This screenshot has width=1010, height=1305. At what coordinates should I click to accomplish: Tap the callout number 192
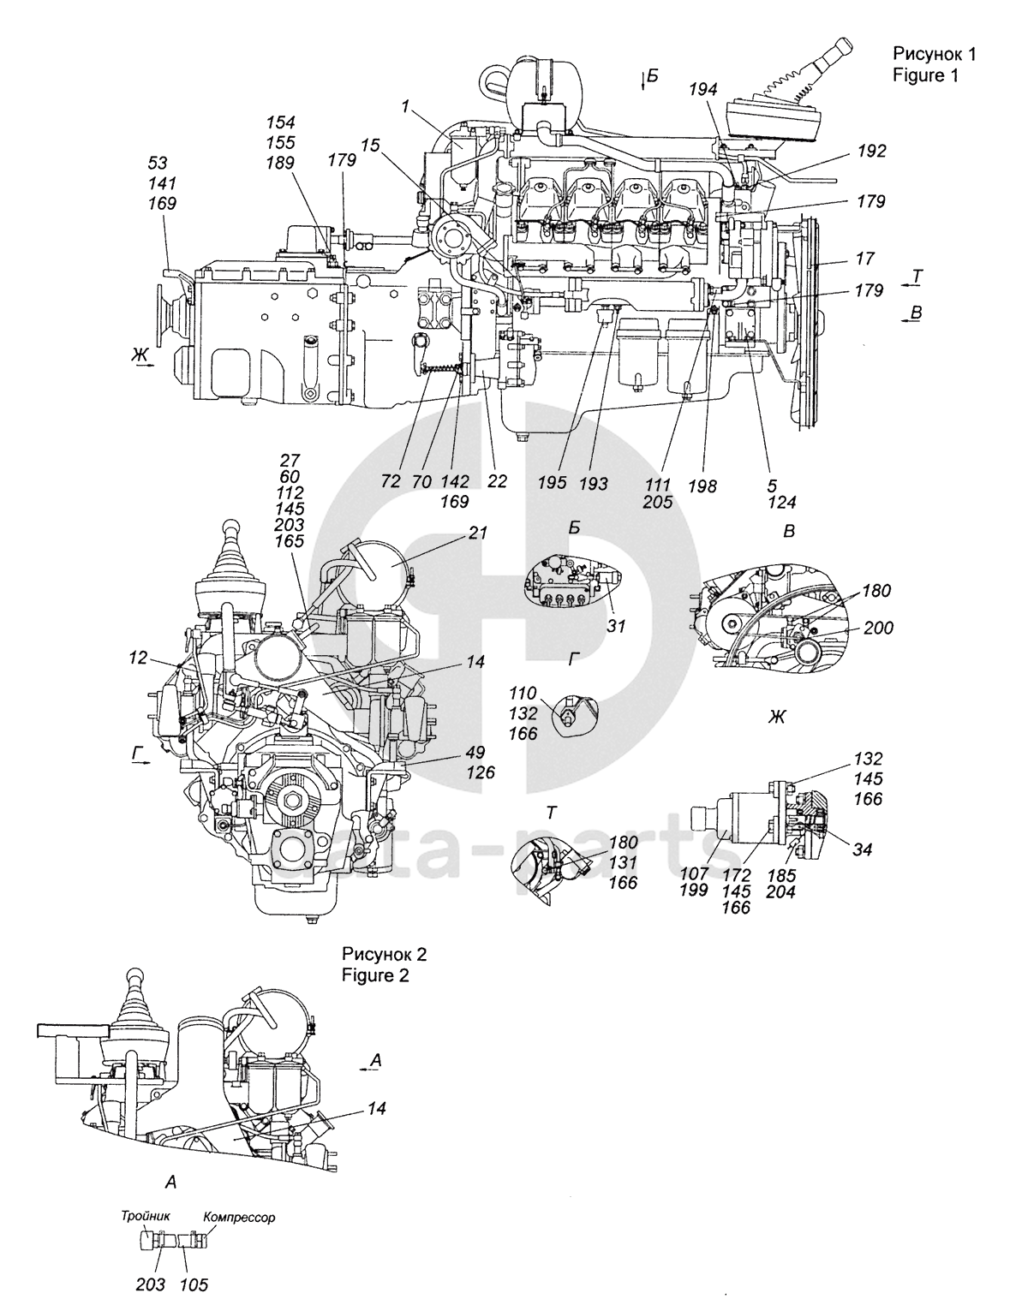pyautogui.click(x=870, y=152)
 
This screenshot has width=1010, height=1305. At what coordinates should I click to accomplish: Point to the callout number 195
pyautogui.click(x=553, y=483)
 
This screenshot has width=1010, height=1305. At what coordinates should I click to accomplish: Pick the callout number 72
pyautogui.click(x=392, y=483)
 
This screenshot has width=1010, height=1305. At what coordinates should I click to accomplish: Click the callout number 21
pyautogui.click(x=477, y=533)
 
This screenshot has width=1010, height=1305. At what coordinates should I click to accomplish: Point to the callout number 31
pyautogui.click(x=616, y=626)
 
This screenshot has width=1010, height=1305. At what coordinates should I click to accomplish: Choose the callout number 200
pyautogui.click(x=879, y=628)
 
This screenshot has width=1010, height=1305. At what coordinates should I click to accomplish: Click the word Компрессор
pyautogui.click(x=240, y=1216)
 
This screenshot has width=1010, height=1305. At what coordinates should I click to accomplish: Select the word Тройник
pyautogui.click(x=146, y=1215)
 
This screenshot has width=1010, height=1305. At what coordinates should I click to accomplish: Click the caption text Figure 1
pyautogui.click(x=924, y=75)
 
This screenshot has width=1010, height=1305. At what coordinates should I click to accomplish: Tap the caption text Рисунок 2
pyautogui.click(x=384, y=954)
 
